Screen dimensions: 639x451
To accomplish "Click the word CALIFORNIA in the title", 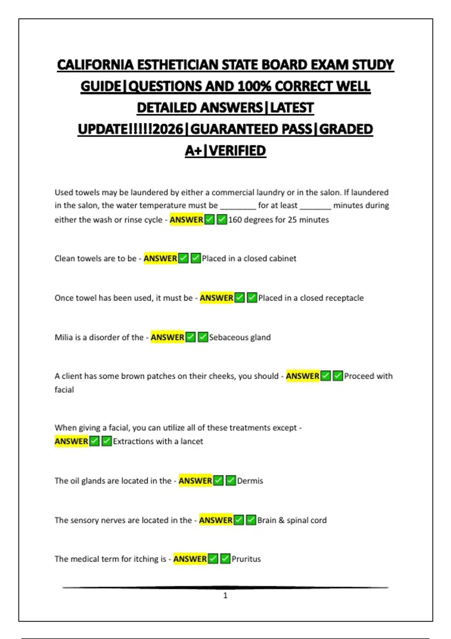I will click(95, 65).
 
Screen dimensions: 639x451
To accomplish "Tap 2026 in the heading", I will click(168, 129).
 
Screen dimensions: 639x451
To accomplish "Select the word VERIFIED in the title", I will click(238, 151).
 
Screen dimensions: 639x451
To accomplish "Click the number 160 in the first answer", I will click(235, 220).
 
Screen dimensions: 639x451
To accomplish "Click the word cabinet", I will click(282, 259).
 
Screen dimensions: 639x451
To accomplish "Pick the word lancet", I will click(192, 441).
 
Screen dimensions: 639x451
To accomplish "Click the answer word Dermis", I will click(250, 481).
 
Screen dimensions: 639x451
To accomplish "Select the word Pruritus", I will click(246, 559).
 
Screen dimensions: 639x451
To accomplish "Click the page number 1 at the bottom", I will click(225, 595).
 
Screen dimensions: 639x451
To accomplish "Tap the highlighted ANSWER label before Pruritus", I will click(190, 559).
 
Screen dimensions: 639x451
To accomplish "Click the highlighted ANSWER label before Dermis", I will click(195, 481).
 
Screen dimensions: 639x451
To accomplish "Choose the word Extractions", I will click(133, 441).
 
